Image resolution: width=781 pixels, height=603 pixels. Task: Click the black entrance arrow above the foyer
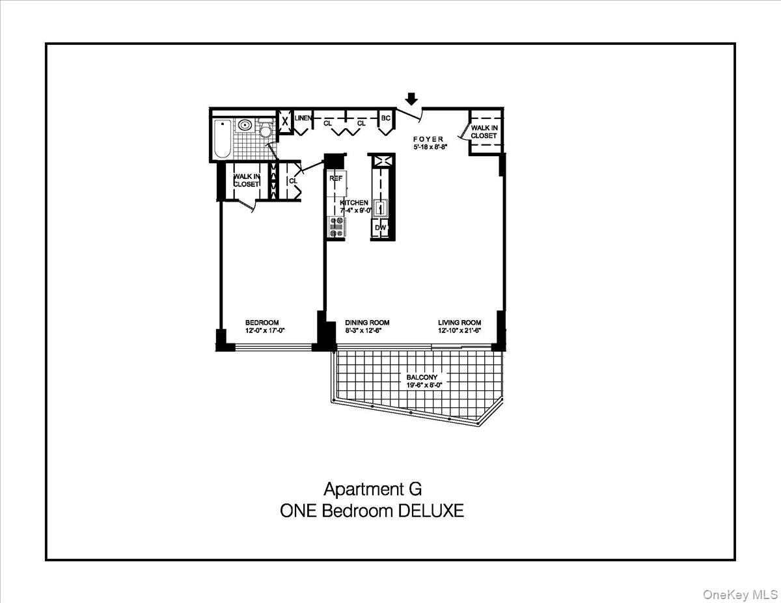click(411, 98)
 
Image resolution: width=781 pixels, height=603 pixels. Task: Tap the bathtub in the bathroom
click(221, 139)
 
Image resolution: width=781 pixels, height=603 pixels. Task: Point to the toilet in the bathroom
click(265, 130)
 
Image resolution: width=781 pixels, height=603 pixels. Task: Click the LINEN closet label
click(303, 118)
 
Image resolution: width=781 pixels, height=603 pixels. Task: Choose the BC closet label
click(385, 118)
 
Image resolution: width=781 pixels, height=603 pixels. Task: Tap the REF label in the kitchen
click(336, 178)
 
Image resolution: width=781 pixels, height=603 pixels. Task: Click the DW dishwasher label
click(381, 228)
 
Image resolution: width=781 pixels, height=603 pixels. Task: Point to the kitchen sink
click(381, 208)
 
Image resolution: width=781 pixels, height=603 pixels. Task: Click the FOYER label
click(428, 139)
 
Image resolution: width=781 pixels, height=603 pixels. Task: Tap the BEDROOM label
click(262, 323)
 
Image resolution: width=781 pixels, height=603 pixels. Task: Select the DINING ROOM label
click(367, 323)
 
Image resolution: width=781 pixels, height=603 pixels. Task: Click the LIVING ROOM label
click(459, 323)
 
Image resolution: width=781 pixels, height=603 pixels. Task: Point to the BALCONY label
click(422, 377)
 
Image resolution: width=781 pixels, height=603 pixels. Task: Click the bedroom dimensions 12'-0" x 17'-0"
click(265, 331)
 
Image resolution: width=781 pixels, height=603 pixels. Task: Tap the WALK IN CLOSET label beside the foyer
click(484, 132)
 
